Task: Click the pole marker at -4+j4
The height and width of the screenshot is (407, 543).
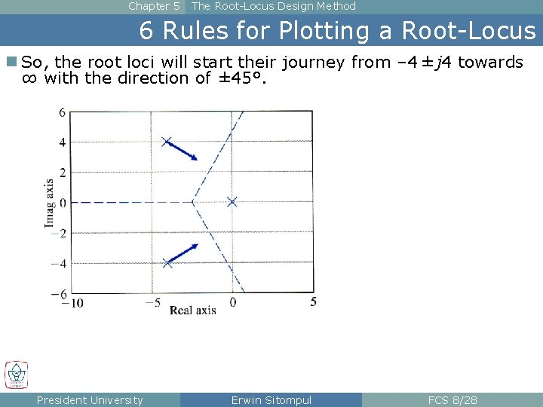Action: pyautogui.click(x=167, y=142)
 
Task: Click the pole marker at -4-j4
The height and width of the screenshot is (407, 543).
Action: pyautogui.click(x=167, y=262)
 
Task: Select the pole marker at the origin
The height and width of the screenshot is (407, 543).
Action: pyautogui.click(x=232, y=201)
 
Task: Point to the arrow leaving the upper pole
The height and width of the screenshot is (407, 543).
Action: pyautogui.click(x=183, y=151)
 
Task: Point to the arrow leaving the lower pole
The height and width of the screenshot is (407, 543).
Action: pyautogui.click(x=183, y=253)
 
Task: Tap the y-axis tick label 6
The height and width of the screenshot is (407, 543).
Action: pyautogui.click(x=63, y=112)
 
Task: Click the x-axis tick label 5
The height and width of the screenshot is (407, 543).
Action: pyautogui.click(x=313, y=301)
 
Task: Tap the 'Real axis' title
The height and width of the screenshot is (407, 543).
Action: pyautogui.click(x=192, y=310)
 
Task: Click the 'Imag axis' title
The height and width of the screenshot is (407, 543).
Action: pyautogui.click(x=49, y=203)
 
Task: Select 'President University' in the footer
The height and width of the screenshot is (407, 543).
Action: pyautogui.click(x=90, y=400)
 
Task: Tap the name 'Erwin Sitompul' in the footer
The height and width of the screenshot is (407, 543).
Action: pyautogui.click(x=271, y=400)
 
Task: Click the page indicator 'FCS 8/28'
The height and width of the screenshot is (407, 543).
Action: pyautogui.click(x=452, y=400)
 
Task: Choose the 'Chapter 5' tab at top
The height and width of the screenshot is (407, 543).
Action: pyautogui.click(x=154, y=6)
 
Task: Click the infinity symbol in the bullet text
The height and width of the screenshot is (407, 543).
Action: pyautogui.click(x=30, y=78)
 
